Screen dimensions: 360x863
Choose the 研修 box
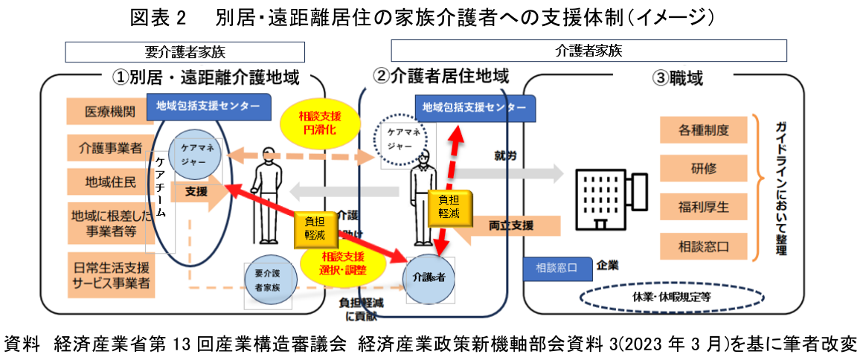(x=703, y=168)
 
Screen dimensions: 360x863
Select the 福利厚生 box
(x=703, y=205)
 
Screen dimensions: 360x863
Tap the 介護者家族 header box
(x=588, y=51)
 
